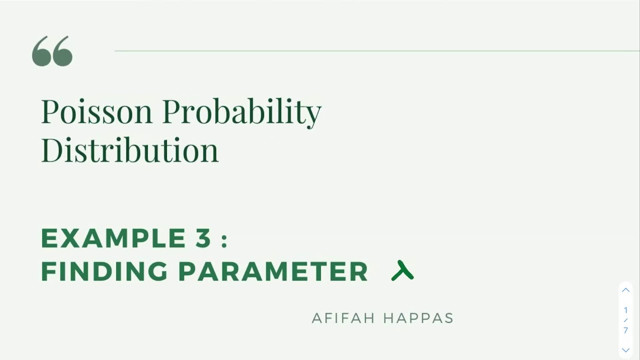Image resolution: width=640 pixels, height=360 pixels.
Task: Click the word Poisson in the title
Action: (x=96, y=111)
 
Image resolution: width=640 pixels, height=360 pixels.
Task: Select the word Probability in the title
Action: (x=241, y=111)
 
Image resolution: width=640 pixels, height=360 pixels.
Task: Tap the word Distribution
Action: (x=129, y=149)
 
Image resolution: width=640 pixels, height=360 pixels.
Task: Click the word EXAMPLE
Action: (x=113, y=238)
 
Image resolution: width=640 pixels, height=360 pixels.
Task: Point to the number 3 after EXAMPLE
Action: (x=203, y=238)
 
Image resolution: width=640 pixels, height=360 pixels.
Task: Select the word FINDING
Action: (x=104, y=271)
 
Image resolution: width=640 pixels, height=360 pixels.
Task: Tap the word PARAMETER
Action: (x=273, y=271)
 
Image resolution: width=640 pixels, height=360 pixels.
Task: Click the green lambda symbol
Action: (x=402, y=270)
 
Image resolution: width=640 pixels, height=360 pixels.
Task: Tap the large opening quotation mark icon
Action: (x=52, y=51)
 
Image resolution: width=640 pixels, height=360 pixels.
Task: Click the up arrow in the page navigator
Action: (x=625, y=290)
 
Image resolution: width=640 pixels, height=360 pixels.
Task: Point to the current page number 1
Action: (x=625, y=310)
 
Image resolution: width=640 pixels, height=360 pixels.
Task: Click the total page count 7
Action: (x=625, y=330)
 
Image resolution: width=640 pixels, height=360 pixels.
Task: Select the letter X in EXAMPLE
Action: (x=70, y=238)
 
